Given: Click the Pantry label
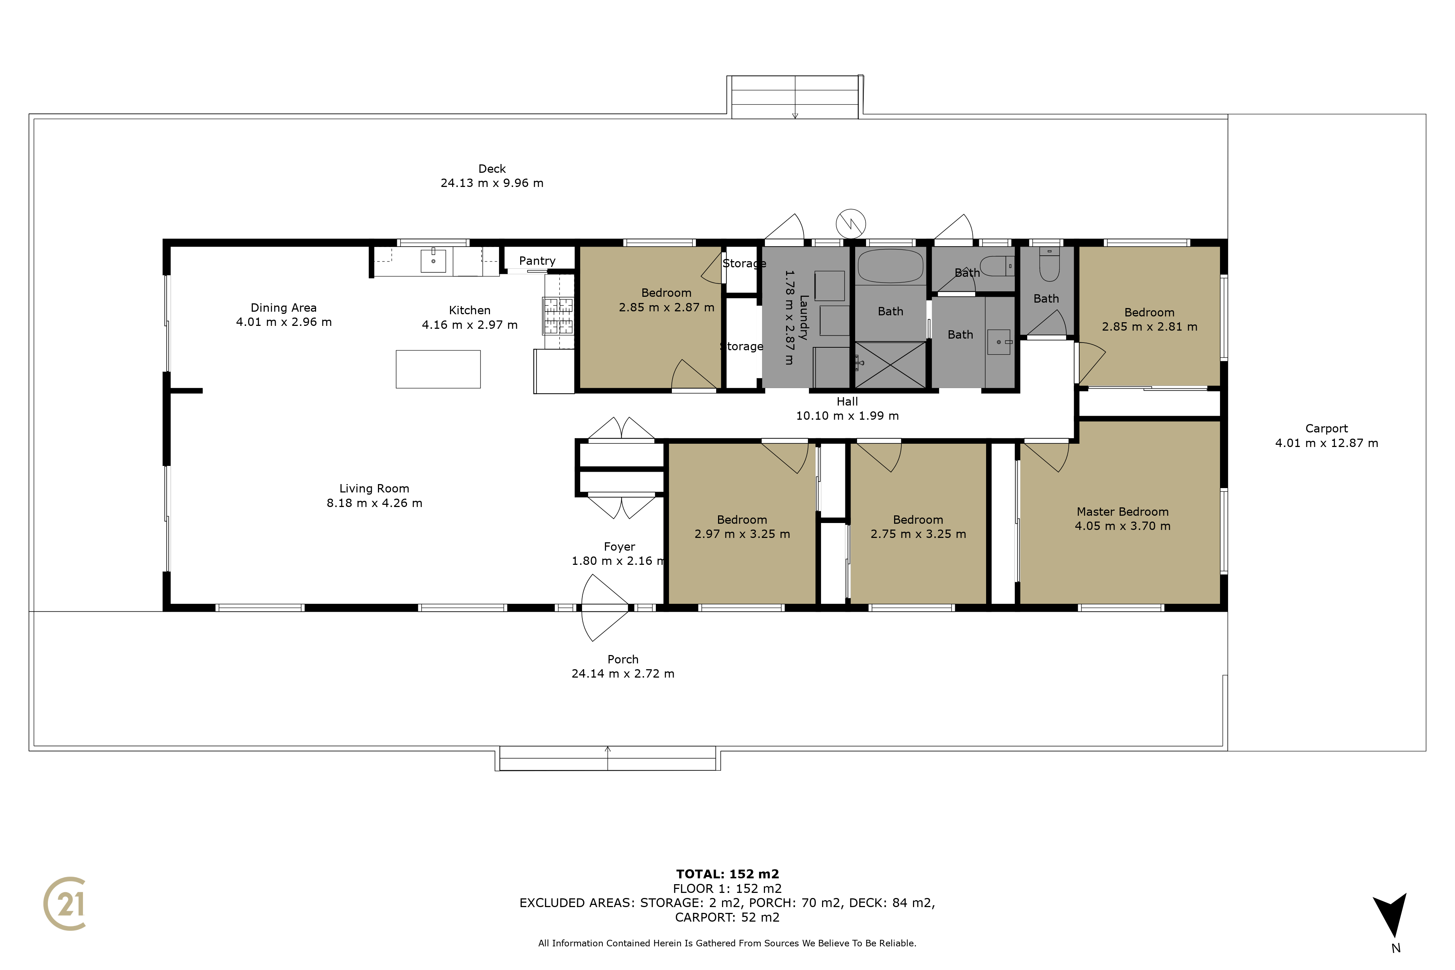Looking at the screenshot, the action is point(537,261).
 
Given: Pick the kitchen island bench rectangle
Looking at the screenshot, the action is point(438,369).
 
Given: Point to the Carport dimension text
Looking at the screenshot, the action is point(1326,443).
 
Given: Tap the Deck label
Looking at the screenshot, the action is point(492,169).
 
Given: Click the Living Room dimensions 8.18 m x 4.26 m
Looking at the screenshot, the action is point(374,503).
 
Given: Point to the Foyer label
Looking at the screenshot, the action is point(619,547).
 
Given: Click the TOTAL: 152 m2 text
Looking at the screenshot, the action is point(727,874).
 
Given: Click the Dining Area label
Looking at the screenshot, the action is point(283,307).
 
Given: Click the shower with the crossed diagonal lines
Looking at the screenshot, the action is point(890,365).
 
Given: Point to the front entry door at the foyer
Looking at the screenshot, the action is point(605,607).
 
